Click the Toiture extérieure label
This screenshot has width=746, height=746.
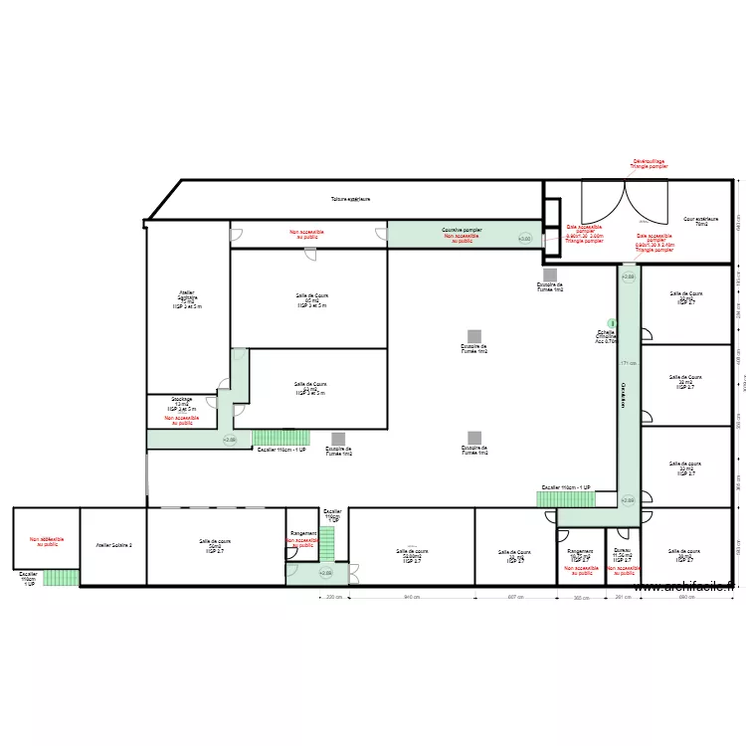tap(350, 199)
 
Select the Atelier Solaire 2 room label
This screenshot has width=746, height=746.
tap(113, 545)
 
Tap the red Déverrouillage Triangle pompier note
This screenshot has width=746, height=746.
tap(650, 163)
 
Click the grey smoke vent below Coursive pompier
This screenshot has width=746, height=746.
tap(549, 275)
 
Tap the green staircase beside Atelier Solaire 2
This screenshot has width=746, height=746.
tap(61, 577)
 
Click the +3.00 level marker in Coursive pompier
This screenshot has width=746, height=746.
tap(524, 239)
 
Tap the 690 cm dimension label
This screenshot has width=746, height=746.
tap(686, 598)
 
